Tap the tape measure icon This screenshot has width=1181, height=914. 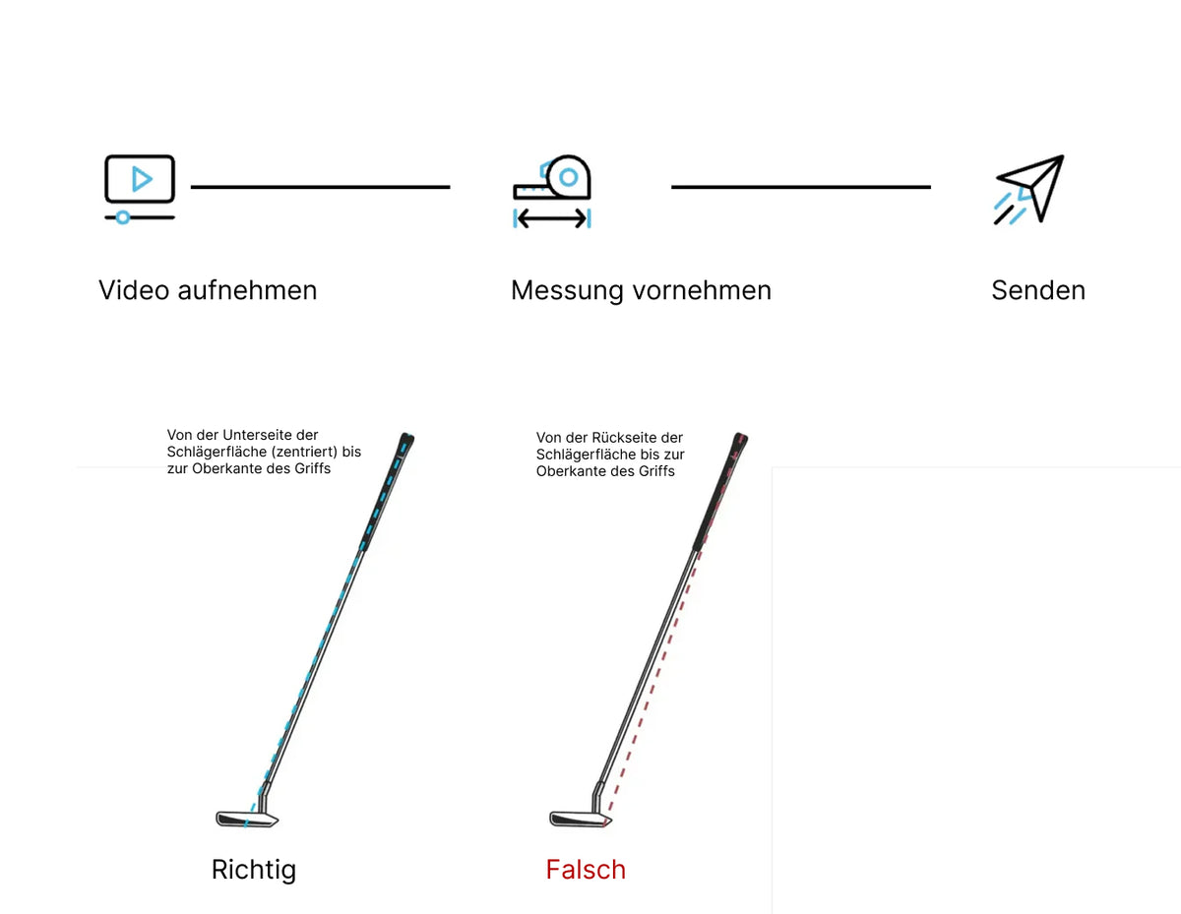pyautogui.click(x=552, y=191)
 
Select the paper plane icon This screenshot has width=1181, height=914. pyautogui.click(x=1028, y=189)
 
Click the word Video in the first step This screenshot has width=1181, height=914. pyautogui.click(x=134, y=290)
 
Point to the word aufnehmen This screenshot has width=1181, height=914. pyautogui.click(x=247, y=290)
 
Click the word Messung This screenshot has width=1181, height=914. pyautogui.click(x=567, y=291)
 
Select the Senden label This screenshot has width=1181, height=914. pyautogui.click(x=1038, y=290)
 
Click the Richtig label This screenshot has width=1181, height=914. pyautogui.click(x=254, y=871)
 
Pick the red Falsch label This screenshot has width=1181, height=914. pyautogui.click(x=586, y=870)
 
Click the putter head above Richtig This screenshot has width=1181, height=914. pyautogui.click(x=247, y=819)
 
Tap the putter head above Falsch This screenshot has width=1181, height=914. pyautogui.click(x=581, y=819)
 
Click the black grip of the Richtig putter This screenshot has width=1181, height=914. pyautogui.click(x=387, y=492)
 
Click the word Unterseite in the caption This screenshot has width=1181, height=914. pyautogui.click(x=257, y=435)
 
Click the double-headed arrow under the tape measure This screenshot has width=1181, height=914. pyautogui.click(x=552, y=218)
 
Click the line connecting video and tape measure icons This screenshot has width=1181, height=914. pyautogui.click(x=320, y=187)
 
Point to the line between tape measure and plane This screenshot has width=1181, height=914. pyautogui.click(x=801, y=187)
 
